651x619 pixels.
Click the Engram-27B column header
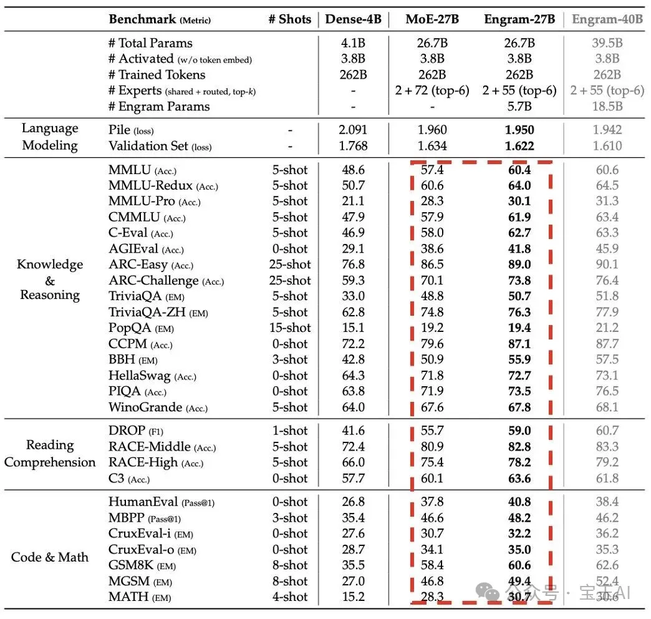519,19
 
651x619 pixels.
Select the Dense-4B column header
354,19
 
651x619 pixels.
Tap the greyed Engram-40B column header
607,19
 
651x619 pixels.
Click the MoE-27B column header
432,19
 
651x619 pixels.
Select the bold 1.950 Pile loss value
519,130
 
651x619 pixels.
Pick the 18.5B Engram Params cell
607,106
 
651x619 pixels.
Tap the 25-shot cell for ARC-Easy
290,264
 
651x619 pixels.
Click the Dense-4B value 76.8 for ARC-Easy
354,264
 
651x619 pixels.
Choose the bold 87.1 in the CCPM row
519,344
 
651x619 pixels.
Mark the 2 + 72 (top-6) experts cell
432,90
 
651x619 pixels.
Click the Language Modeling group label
50,137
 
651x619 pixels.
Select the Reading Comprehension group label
50,454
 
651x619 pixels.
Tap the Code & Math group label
50,557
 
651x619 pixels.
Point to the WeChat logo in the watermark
488,592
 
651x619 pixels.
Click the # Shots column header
290,19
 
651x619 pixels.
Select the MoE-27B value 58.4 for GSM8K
432,565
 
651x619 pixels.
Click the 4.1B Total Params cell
354,43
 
